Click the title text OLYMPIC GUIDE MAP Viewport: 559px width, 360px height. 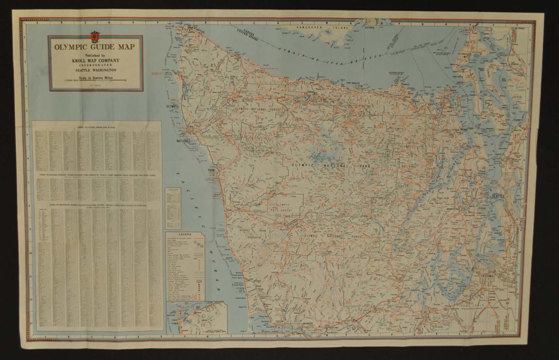(94, 47)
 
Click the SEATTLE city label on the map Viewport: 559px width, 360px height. (498, 196)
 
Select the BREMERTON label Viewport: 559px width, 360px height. (445, 210)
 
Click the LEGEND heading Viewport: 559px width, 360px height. (185, 235)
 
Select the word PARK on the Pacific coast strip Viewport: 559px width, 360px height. (211, 170)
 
